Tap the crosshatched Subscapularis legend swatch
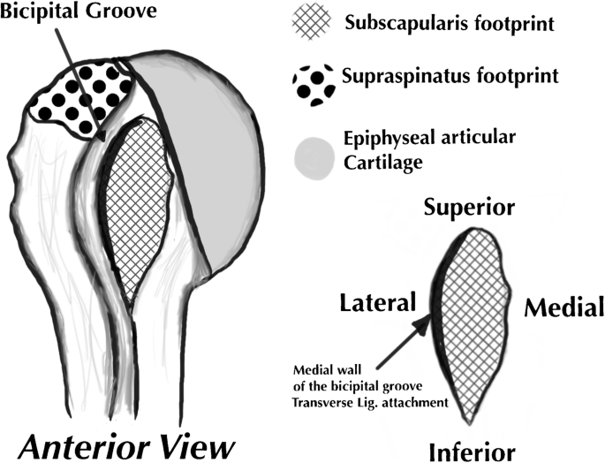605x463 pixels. (313, 22)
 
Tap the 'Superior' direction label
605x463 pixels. (469, 207)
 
